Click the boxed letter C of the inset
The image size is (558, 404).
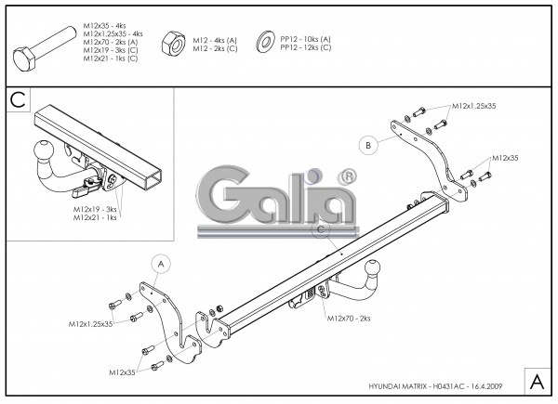(17, 99)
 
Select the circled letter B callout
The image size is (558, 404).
(368, 145)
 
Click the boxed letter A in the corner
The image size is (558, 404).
(537, 381)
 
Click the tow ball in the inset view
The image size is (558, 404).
(45, 153)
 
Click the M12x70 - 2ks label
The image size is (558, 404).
(349, 318)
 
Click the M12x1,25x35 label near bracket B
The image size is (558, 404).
(474, 107)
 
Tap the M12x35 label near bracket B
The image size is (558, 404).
(507, 158)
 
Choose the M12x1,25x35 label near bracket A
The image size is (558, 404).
(90, 324)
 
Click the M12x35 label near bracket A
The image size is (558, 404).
(122, 372)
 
